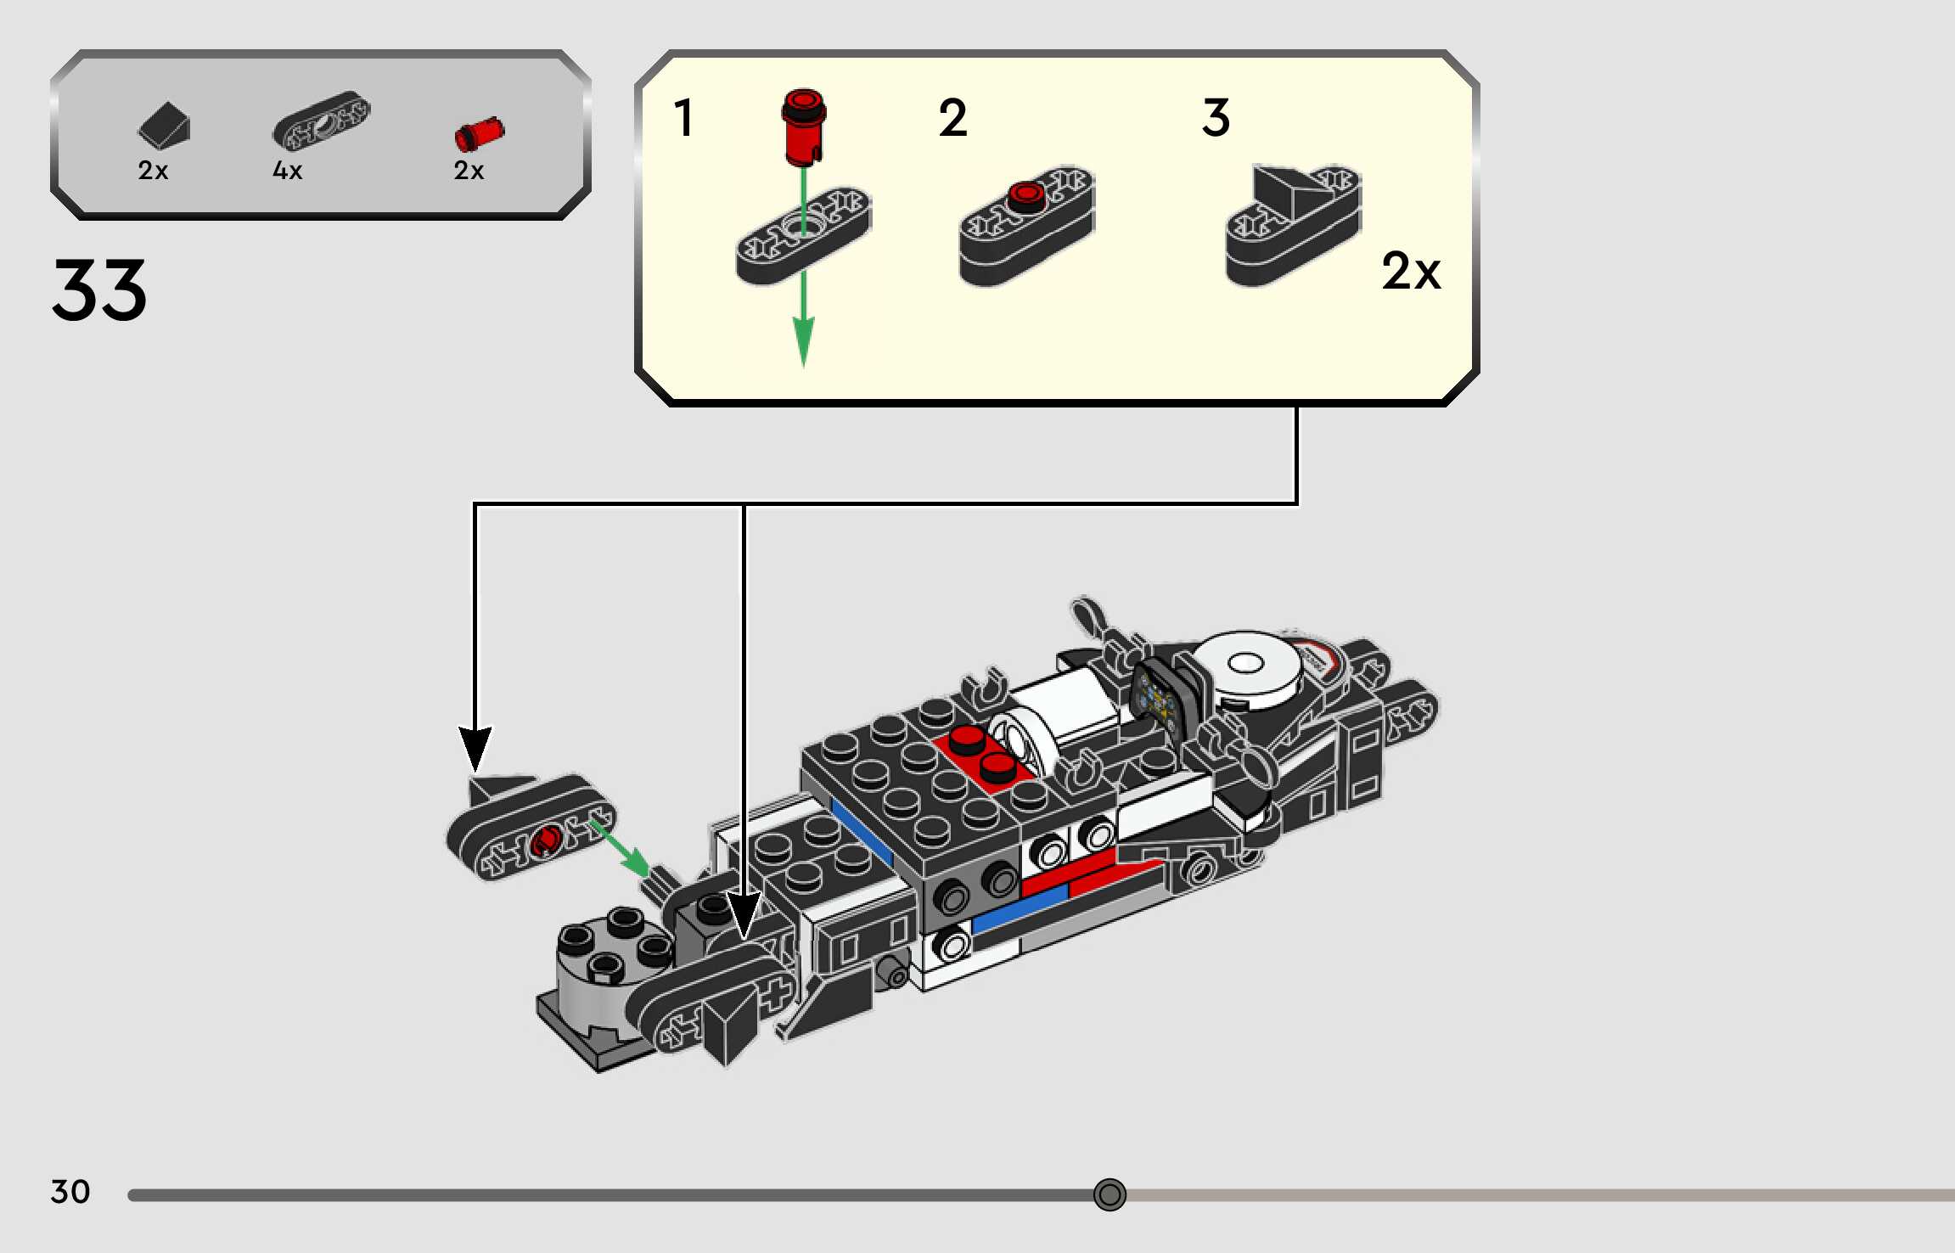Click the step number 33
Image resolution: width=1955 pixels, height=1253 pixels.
click(x=99, y=290)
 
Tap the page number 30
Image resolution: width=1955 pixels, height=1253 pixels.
click(x=70, y=1191)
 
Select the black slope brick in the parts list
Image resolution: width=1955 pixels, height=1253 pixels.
click(x=164, y=125)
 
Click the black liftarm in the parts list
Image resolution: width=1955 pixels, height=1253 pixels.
click(x=322, y=121)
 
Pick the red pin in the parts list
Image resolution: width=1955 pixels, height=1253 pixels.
click(x=480, y=134)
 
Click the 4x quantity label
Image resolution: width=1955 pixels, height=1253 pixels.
click(x=287, y=171)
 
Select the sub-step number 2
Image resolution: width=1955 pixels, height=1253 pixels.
click(x=952, y=117)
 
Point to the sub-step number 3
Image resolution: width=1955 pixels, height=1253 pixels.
click(x=1216, y=117)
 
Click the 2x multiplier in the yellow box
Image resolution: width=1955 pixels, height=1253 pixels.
click(x=1411, y=271)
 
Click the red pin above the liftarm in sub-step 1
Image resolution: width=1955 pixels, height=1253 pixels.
click(x=804, y=126)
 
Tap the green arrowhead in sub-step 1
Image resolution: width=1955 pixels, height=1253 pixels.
click(x=803, y=342)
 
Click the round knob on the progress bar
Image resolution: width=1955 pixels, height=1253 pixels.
click(x=1110, y=1194)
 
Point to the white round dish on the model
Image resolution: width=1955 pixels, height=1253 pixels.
click(x=1245, y=670)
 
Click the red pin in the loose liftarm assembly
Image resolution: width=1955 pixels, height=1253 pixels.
click(x=545, y=840)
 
